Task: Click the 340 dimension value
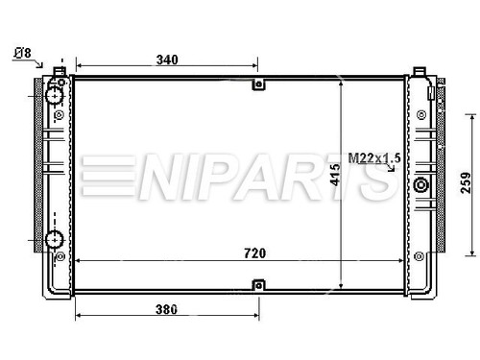[x=167, y=60]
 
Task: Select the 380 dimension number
[x=166, y=309]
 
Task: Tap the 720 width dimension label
[x=254, y=253]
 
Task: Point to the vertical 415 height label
[x=336, y=175]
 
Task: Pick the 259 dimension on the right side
[x=466, y=182]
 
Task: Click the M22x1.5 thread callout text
[x=374, y=158]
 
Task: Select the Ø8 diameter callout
[x=23, y=53]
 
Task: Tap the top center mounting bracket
[x=258, y=84]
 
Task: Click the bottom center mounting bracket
[x=258, y=285]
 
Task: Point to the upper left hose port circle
[x=55, y=96]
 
